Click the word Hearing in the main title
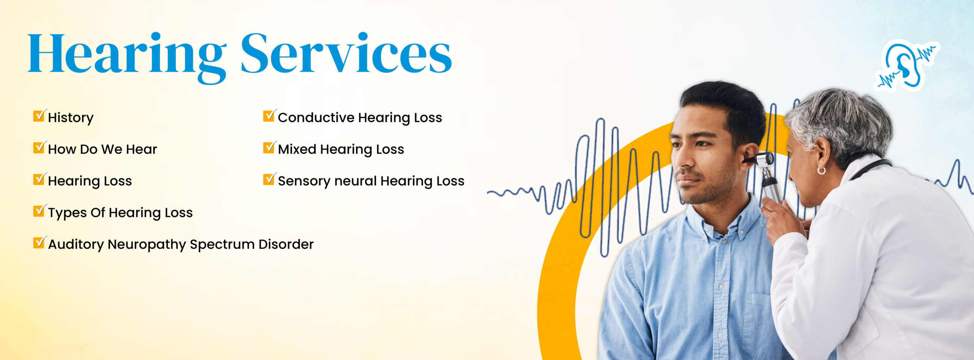127,57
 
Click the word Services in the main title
347,53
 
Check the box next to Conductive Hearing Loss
269,115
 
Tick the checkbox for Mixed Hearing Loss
269,147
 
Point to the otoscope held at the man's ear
766,175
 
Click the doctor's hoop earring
821,170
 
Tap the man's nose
684,160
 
